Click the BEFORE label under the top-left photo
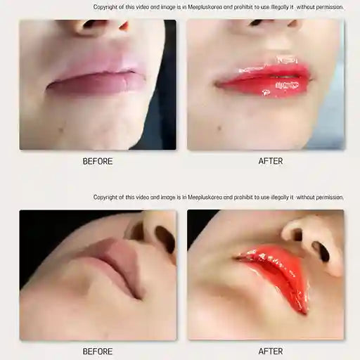tap(98, 161)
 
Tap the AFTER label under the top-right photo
tap(271, 161)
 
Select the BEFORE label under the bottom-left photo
tap(98, 351)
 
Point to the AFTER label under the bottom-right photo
tap(271, 351)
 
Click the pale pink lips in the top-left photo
tap(96, 77)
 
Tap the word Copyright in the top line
tap(106, 7)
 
